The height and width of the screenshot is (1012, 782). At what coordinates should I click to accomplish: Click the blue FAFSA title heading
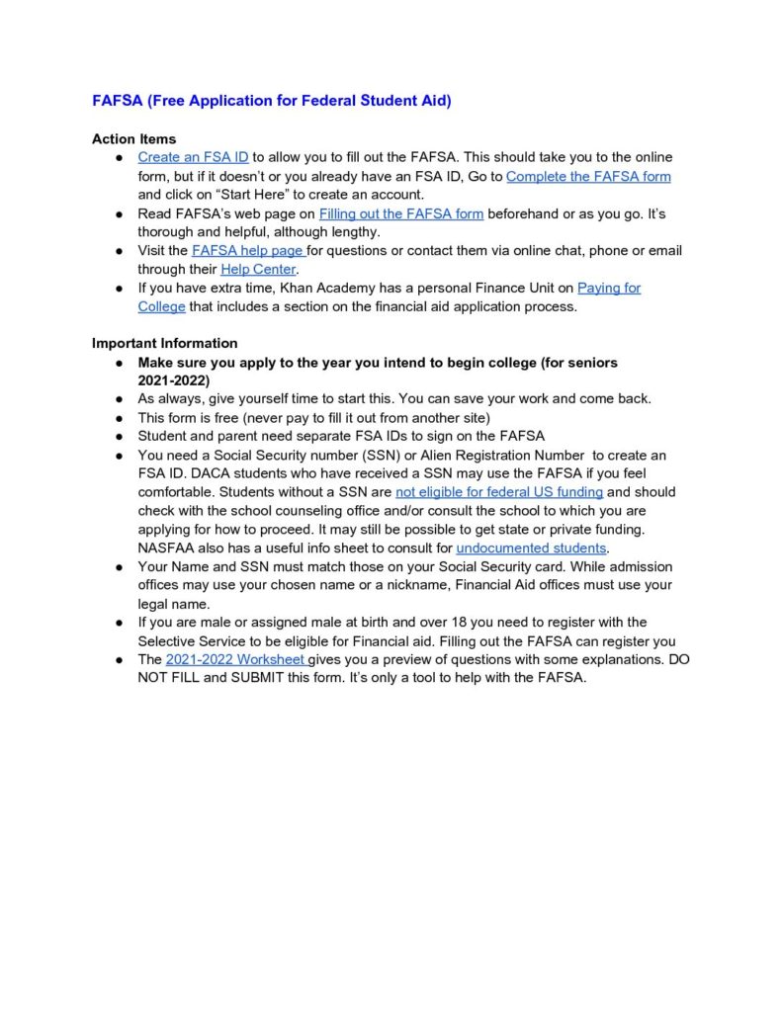coord(271,101)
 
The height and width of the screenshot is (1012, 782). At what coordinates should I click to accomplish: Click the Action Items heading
coord(133,138)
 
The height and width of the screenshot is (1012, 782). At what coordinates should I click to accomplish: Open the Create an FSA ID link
coord(193,157)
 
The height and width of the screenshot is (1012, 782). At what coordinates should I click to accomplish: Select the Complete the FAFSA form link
coord(588,176)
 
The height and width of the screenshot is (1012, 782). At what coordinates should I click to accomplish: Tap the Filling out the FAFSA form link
coord(400,213)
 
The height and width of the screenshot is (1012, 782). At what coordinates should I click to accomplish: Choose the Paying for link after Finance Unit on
coord(609,288)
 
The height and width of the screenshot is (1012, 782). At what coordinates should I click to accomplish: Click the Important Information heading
coord(164,343)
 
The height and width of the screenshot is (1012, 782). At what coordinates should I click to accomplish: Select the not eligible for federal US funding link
coord(498,492)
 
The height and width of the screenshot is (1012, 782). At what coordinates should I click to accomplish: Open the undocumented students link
coord(531,548)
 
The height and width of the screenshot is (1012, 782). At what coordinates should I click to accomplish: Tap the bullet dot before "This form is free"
coord(118,418)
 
